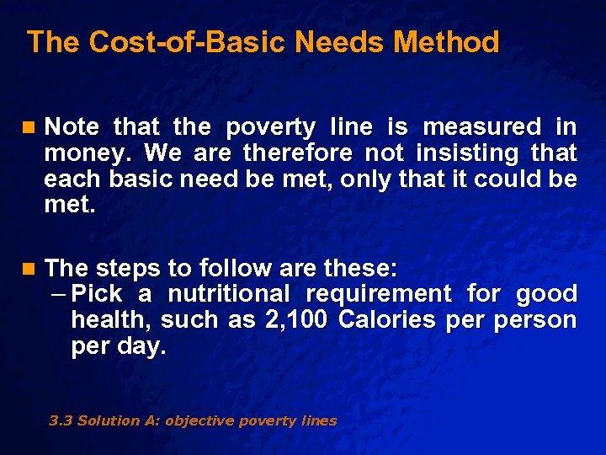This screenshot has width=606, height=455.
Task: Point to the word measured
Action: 481,127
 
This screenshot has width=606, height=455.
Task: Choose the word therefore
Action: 298,153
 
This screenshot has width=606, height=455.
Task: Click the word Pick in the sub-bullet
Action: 98,294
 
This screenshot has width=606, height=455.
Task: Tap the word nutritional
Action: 228,294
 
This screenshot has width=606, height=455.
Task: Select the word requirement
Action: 379,294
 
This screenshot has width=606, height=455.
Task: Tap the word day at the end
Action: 144,346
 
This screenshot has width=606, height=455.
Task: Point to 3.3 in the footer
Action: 61,420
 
